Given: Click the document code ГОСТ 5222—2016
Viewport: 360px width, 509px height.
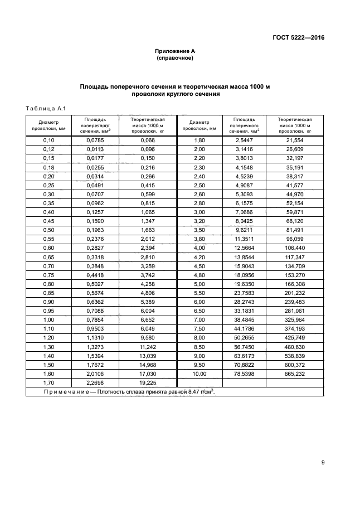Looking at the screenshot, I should [299, 38].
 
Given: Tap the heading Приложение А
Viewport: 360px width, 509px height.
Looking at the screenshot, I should [175, 51].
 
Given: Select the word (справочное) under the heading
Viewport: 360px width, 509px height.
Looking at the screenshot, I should [175, 57].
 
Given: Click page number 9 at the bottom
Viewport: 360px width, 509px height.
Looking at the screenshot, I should [323, 462].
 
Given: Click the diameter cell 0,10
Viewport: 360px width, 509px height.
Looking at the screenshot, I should [48, 140].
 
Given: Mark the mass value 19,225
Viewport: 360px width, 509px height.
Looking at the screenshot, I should [148, 383].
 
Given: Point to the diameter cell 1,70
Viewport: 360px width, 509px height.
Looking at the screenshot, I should [48, 383].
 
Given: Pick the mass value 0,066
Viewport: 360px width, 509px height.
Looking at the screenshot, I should [148, 140].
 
